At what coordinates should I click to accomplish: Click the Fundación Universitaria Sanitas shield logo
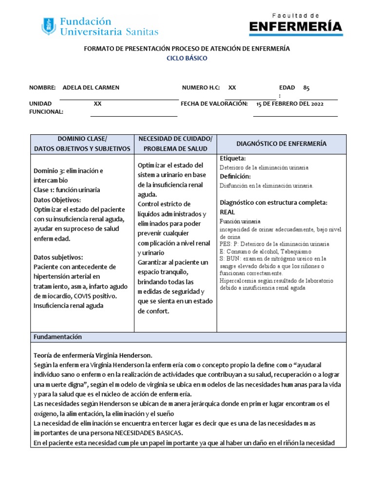click(x=49, y=26)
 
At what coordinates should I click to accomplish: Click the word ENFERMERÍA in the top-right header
click(x=296, y=27)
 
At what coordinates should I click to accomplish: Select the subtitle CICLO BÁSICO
click(x=187, y=58)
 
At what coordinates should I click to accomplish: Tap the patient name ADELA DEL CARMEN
click(x=91, y=88)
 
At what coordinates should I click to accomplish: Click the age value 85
click(x=306, y=88)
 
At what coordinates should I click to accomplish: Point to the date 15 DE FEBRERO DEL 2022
click(x=290, y=104)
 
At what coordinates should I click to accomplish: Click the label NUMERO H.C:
click(x=201, y=88)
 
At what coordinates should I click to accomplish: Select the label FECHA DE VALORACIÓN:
click(x=214, y=104)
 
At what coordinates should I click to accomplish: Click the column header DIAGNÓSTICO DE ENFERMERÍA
click(x=281, y=143)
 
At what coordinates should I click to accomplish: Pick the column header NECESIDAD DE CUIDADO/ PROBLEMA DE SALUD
click(x=175, y=144)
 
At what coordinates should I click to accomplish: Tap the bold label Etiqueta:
click(x=233, y=159)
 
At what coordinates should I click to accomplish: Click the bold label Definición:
click(x=235, y=176)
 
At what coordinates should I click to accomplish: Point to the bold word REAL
click(x=227, y=212)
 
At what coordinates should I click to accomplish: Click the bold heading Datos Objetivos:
click(x=57, y=199)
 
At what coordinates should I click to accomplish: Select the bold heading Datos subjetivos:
click(x=58, y=257)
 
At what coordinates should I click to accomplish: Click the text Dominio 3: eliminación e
click(x=68, y=171)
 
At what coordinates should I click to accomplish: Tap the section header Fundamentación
click(x=57, y=337)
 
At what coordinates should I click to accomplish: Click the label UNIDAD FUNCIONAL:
click(x=46, y=107)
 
